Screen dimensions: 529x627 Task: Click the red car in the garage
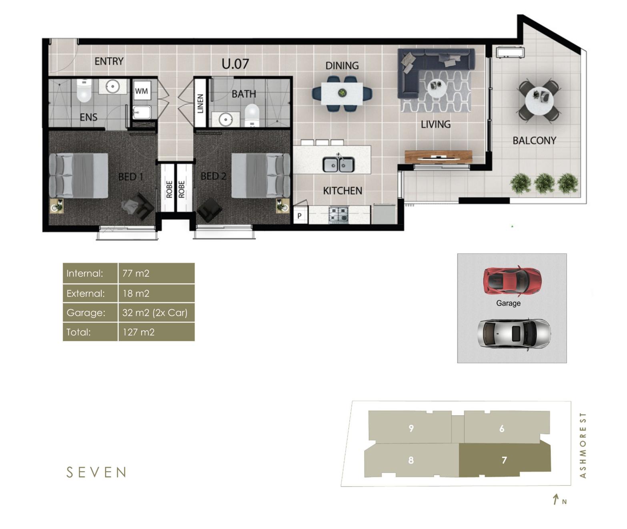tap(512, 279)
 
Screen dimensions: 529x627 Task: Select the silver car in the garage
tap(513, 333)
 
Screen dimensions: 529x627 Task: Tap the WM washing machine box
tap(141, 91)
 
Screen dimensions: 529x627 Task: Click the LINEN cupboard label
tap(200, 103)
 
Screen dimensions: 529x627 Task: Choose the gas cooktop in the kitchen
tap(339, 215)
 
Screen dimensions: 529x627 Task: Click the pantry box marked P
tap(300, 216)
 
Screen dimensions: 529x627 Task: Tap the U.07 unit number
tap(235, 64)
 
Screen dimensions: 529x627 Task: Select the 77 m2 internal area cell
tap(156, 273)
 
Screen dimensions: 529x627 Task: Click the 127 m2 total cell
tap(156, 332)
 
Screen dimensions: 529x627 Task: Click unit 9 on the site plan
tap(411, 428)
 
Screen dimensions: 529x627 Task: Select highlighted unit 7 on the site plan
tap(504, 460)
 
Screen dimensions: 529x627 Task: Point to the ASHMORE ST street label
tap(583, 445)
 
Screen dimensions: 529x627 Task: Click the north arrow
tap(556, 499)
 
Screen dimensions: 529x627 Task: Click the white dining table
tap(342, 94)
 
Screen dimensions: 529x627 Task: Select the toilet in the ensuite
tap(84, 91)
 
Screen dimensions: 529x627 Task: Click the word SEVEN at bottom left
tap(96, 473)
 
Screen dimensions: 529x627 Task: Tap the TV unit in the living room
tap(439, 156)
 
